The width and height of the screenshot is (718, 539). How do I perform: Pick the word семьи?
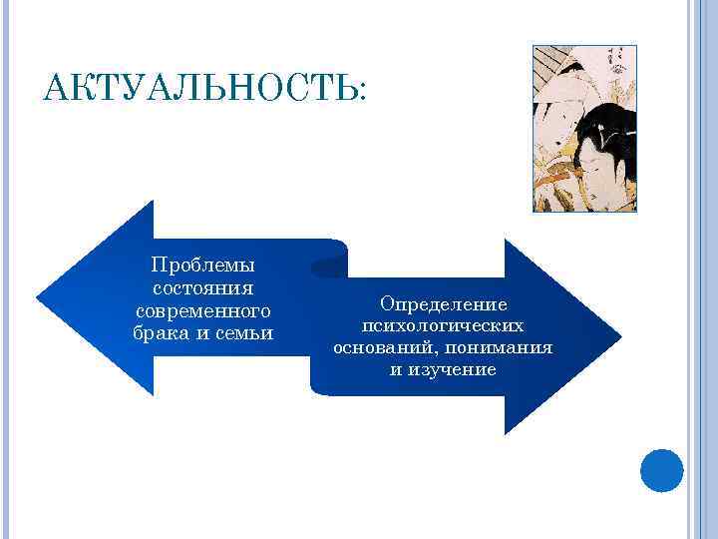(x=244, y=331)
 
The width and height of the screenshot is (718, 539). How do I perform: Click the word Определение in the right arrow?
(x=443, y=303)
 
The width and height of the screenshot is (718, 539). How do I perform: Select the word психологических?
(x=443, y=325)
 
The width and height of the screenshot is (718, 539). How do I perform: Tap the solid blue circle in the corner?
(x=661, y=470)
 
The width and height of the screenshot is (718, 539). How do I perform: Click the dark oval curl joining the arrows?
(x=328, y=267)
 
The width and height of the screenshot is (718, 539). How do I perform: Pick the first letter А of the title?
(x=56, y=91)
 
